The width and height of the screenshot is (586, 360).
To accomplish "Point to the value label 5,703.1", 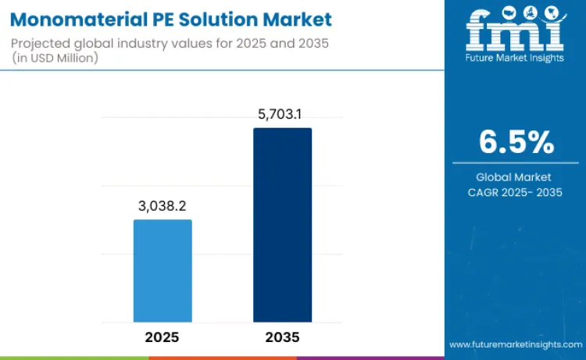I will pos(282,114).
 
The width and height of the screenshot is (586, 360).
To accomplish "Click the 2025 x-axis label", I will pos(163,337).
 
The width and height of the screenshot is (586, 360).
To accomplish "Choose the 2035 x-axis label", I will pos(282,337).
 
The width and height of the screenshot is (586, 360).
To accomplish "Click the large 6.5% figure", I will pos(516,142).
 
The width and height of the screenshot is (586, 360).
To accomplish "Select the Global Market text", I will pos(516,177).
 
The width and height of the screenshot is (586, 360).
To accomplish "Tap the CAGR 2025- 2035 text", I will pos(516,192).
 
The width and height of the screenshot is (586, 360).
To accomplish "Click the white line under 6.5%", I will pos(516,163).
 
